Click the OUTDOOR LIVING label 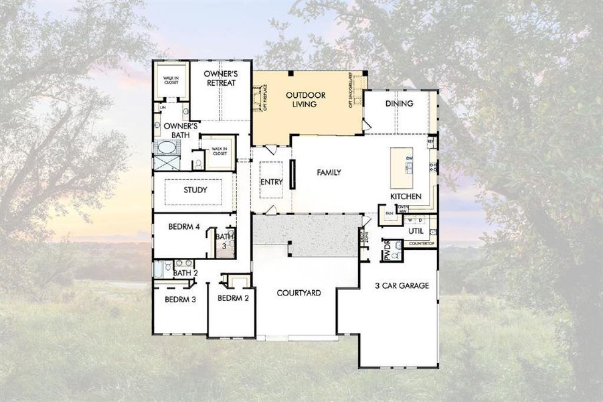pos(306,100)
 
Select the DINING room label pos(399,104)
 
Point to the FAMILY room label pos(329,173)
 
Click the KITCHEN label pos(406,196)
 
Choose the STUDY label pos(195,190)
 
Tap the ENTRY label pos(271,182)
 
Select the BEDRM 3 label pos(180,299)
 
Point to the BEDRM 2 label pos(233,298)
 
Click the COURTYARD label pos(299,293)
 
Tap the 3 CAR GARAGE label pos(402,285)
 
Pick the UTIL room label pos(416,230)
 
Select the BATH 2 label pos(185,273)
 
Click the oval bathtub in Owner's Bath pos(165,147)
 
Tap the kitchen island pos(402,167)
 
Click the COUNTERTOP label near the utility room pos(421,243)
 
